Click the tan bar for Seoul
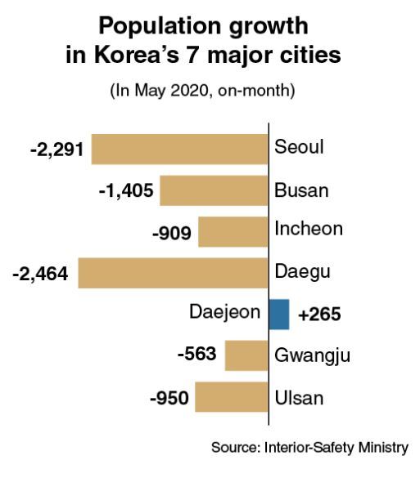[x=180, y=149]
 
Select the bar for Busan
[x=215, y=190]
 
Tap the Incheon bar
[x=233, y=232]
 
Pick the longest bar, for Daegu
[x=174, y=273]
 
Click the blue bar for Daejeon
[x=279, y=315]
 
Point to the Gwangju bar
[x=246, y=355]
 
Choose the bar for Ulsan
[x=232, y=396]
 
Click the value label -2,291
[x=56, y=150]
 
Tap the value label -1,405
[x=126, y=191]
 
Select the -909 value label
[x=172, y=234]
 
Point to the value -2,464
[x=40, y=274]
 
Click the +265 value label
[x=319, y=315]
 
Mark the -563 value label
[x=197, y=354]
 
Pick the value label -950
[x=169, y=398]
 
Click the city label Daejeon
[x=225, y=313]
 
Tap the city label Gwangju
[x=312, y=356]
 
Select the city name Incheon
[x=309, y=229]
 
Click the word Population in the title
[x=160, y=27]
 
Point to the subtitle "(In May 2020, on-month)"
[x=202, y=91]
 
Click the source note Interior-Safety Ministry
[x=336, y=448]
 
